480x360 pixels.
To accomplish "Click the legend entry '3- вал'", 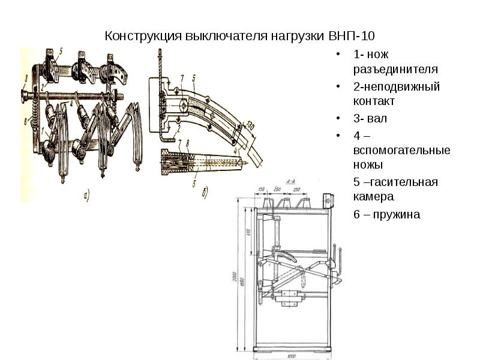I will [x=371, y=118].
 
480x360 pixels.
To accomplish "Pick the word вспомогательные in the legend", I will [x=402, y=149].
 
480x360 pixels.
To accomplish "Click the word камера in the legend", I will [x=373, y=196].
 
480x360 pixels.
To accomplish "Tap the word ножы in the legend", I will [x=368, y=164].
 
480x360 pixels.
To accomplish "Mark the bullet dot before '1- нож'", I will [x=340, y=55].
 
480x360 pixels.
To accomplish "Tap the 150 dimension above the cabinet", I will [x=262, y=190].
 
